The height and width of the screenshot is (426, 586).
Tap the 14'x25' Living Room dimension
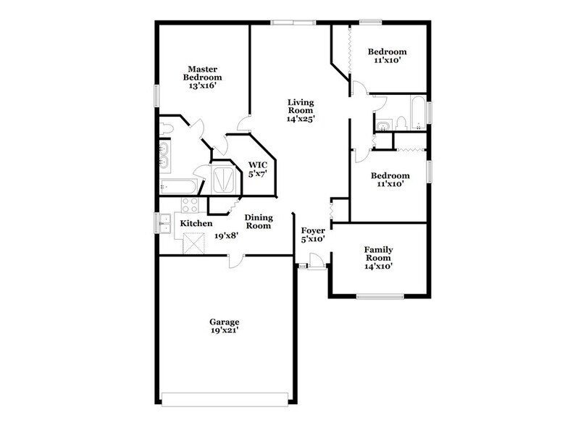tap(300, 118)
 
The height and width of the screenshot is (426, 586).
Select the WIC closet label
tap(258, 164)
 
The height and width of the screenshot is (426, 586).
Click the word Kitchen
tap(196, 223)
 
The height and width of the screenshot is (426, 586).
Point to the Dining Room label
tap(257, 221)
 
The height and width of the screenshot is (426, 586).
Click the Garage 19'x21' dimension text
tap(224, 330)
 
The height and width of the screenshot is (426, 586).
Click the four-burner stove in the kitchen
tap(190, 205)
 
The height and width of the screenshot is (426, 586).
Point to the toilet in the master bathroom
tap(166, 129)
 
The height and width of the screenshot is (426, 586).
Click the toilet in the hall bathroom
tap(402, 123)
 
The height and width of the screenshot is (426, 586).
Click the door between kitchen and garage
tap(236, 260)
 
